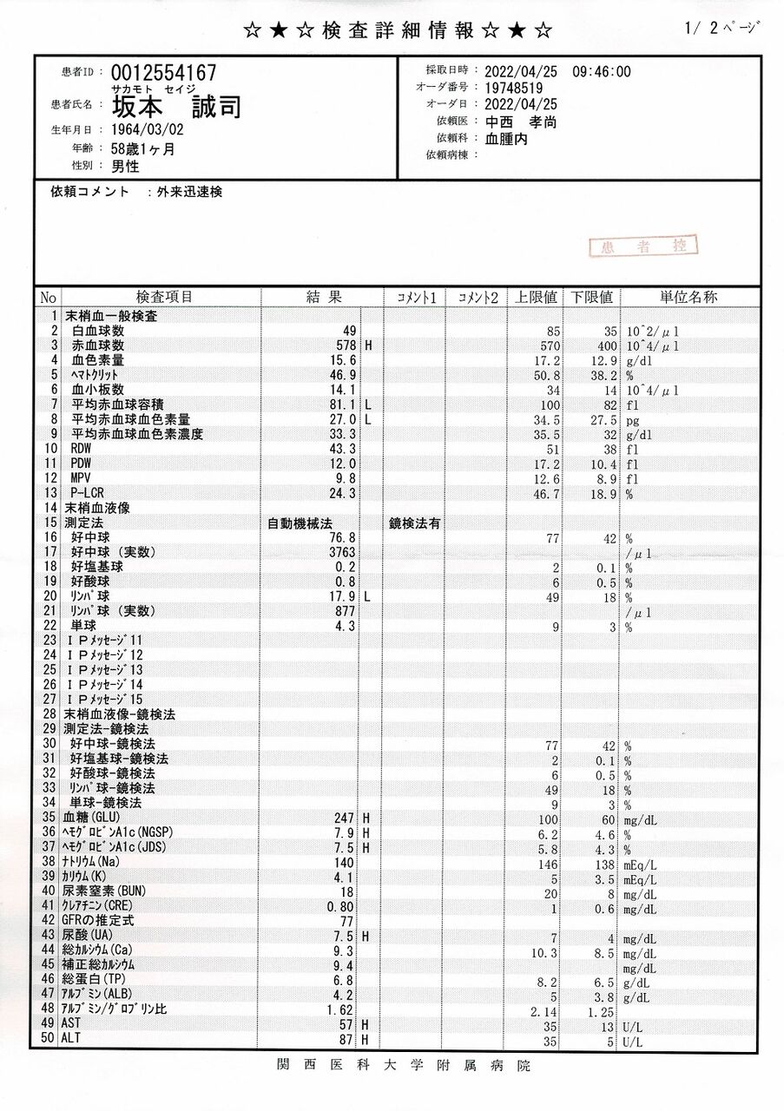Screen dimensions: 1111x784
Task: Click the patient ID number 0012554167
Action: [x=163, y=73]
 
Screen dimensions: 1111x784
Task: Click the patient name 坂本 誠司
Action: [x=176, y=107]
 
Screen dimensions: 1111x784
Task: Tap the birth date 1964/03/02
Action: [x=148, y=130]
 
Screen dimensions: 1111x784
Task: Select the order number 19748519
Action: [x=514, y=88]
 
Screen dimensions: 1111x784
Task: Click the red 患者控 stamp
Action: [x=644, y=247]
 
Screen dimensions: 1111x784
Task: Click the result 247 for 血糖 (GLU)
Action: [x=346, y=818]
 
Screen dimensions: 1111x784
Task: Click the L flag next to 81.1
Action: [x=368, y=404]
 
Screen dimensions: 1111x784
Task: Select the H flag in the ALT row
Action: [x=366, y=1040]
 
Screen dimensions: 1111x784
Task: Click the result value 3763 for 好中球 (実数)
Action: [x=340, y=552]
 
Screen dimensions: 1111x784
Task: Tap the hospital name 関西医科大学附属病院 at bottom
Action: [x=404, y=1065]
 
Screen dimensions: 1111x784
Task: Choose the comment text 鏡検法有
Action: [x=415, y=523]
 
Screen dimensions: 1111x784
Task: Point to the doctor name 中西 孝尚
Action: [x=521, y=122]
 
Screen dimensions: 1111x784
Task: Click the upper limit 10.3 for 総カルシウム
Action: [x=542, y=952]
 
